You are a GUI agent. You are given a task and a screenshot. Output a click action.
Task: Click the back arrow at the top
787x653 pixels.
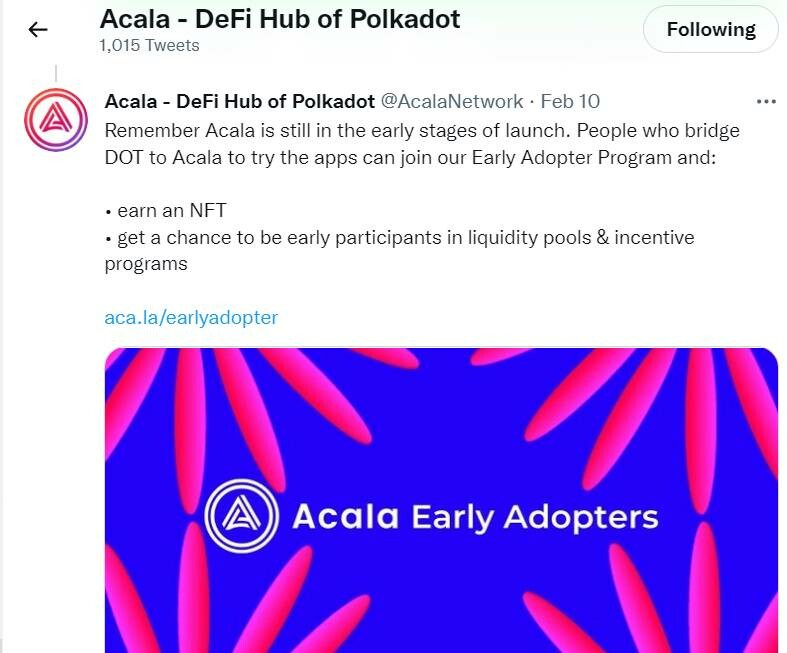point(38,30)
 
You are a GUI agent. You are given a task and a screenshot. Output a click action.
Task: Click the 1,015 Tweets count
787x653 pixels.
point(149,46)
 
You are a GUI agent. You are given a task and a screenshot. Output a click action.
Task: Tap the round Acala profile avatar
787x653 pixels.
point(56,120)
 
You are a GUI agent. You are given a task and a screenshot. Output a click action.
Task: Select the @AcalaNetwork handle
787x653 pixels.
point(452,102)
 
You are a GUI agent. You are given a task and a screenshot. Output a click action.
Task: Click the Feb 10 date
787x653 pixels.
point(570,102)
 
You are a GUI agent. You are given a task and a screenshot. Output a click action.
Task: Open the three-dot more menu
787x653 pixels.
point(766,102)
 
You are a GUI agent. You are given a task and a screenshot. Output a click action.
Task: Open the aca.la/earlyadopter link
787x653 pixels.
point(191,317)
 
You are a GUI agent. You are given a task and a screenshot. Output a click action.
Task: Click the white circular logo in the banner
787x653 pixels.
point(240,516)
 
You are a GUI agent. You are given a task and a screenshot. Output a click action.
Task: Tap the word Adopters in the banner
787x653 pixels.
point(581,517)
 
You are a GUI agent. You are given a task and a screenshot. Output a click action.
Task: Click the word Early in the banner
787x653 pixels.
point(451,517)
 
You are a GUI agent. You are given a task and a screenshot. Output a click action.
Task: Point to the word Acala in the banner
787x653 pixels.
point(345,517)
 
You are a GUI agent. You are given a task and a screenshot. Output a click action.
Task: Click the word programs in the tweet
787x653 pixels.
point(146,264)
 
